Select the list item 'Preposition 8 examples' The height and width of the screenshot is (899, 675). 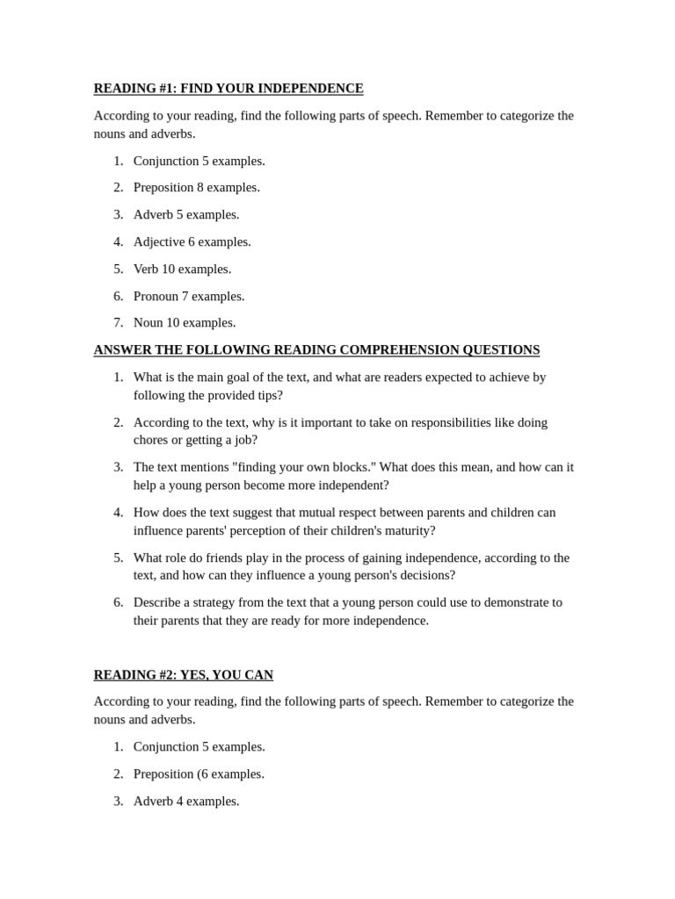coord(196,188)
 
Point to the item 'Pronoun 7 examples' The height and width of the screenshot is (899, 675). coord(188,297)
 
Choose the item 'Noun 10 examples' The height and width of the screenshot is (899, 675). coord(184,323)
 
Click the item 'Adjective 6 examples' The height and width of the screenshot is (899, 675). coord(192,242)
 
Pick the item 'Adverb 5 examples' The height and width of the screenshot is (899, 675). coord(185,215)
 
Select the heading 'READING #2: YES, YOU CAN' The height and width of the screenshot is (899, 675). coord(183,675)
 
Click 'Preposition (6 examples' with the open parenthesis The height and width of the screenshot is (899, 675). coord(198,774)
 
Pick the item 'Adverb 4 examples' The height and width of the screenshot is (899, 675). coord(185,802)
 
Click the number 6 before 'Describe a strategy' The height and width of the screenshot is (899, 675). coord(118,602)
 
